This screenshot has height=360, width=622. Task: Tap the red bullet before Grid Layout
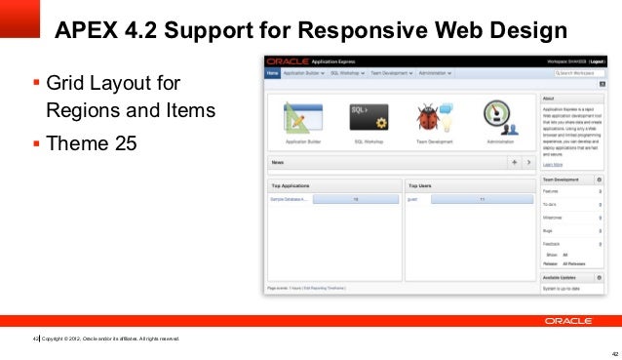(x=36, y=83)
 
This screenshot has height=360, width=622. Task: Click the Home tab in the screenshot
(x=272, y=73)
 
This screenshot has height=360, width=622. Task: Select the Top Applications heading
(x=290, y=184)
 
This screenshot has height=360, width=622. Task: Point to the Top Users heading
(x=422, y=184)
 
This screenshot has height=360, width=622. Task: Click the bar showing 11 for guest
(x=482, y=198)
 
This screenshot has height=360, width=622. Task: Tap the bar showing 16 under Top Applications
(x=356, y=198)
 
